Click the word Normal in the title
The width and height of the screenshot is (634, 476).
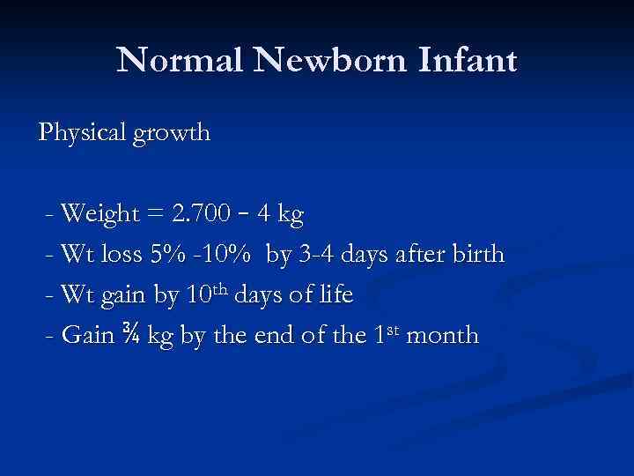175,60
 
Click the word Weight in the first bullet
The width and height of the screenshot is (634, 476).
99,214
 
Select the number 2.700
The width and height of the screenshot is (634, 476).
205,214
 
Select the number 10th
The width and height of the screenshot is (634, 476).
208,294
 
